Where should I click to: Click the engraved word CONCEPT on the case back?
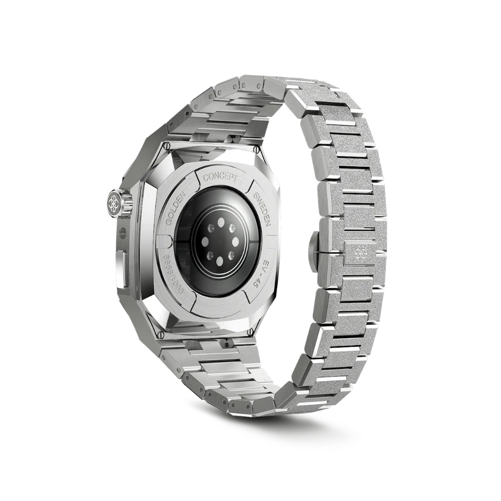(x=220, y=177)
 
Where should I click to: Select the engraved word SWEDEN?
(x=262, y=208)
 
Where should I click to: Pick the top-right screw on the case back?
(x=256, y=149)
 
